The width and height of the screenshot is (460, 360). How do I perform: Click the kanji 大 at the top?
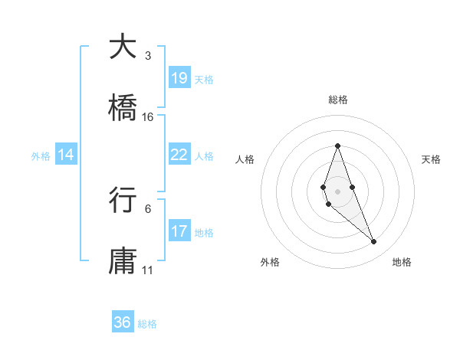click(123, 47)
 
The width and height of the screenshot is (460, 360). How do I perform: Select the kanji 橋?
click(123, 108)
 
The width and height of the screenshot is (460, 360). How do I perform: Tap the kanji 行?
click(123, 200)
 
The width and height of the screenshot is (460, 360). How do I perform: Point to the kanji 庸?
click(123, 261)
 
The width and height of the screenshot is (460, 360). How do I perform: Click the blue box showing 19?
click(179, 77)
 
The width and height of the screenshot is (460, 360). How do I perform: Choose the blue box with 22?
click(179, 154)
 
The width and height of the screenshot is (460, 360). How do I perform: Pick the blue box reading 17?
click(179, 231)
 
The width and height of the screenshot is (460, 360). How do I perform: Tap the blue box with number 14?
click(66, 155)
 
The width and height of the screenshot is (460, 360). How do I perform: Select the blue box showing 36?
click(123, 322)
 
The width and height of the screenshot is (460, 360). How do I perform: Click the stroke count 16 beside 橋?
click(148, 117)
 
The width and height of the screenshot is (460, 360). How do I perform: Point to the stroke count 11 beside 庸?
click(148, 270)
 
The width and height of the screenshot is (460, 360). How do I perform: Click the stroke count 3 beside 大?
click(148, 56)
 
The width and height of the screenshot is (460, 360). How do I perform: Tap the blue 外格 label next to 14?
click(41, 155)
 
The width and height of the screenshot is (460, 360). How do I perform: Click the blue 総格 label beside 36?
click(147, 324)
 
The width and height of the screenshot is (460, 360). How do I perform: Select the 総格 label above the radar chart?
click(337, 100)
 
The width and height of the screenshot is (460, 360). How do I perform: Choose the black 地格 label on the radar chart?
click(402, 263)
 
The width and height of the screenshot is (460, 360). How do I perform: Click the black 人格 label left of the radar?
click(245, 159)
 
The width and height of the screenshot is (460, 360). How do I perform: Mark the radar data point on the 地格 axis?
click(374, 242)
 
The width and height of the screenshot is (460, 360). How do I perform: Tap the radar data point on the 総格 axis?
click(337, 146)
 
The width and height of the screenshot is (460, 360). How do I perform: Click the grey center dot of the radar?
click(337, 191)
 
